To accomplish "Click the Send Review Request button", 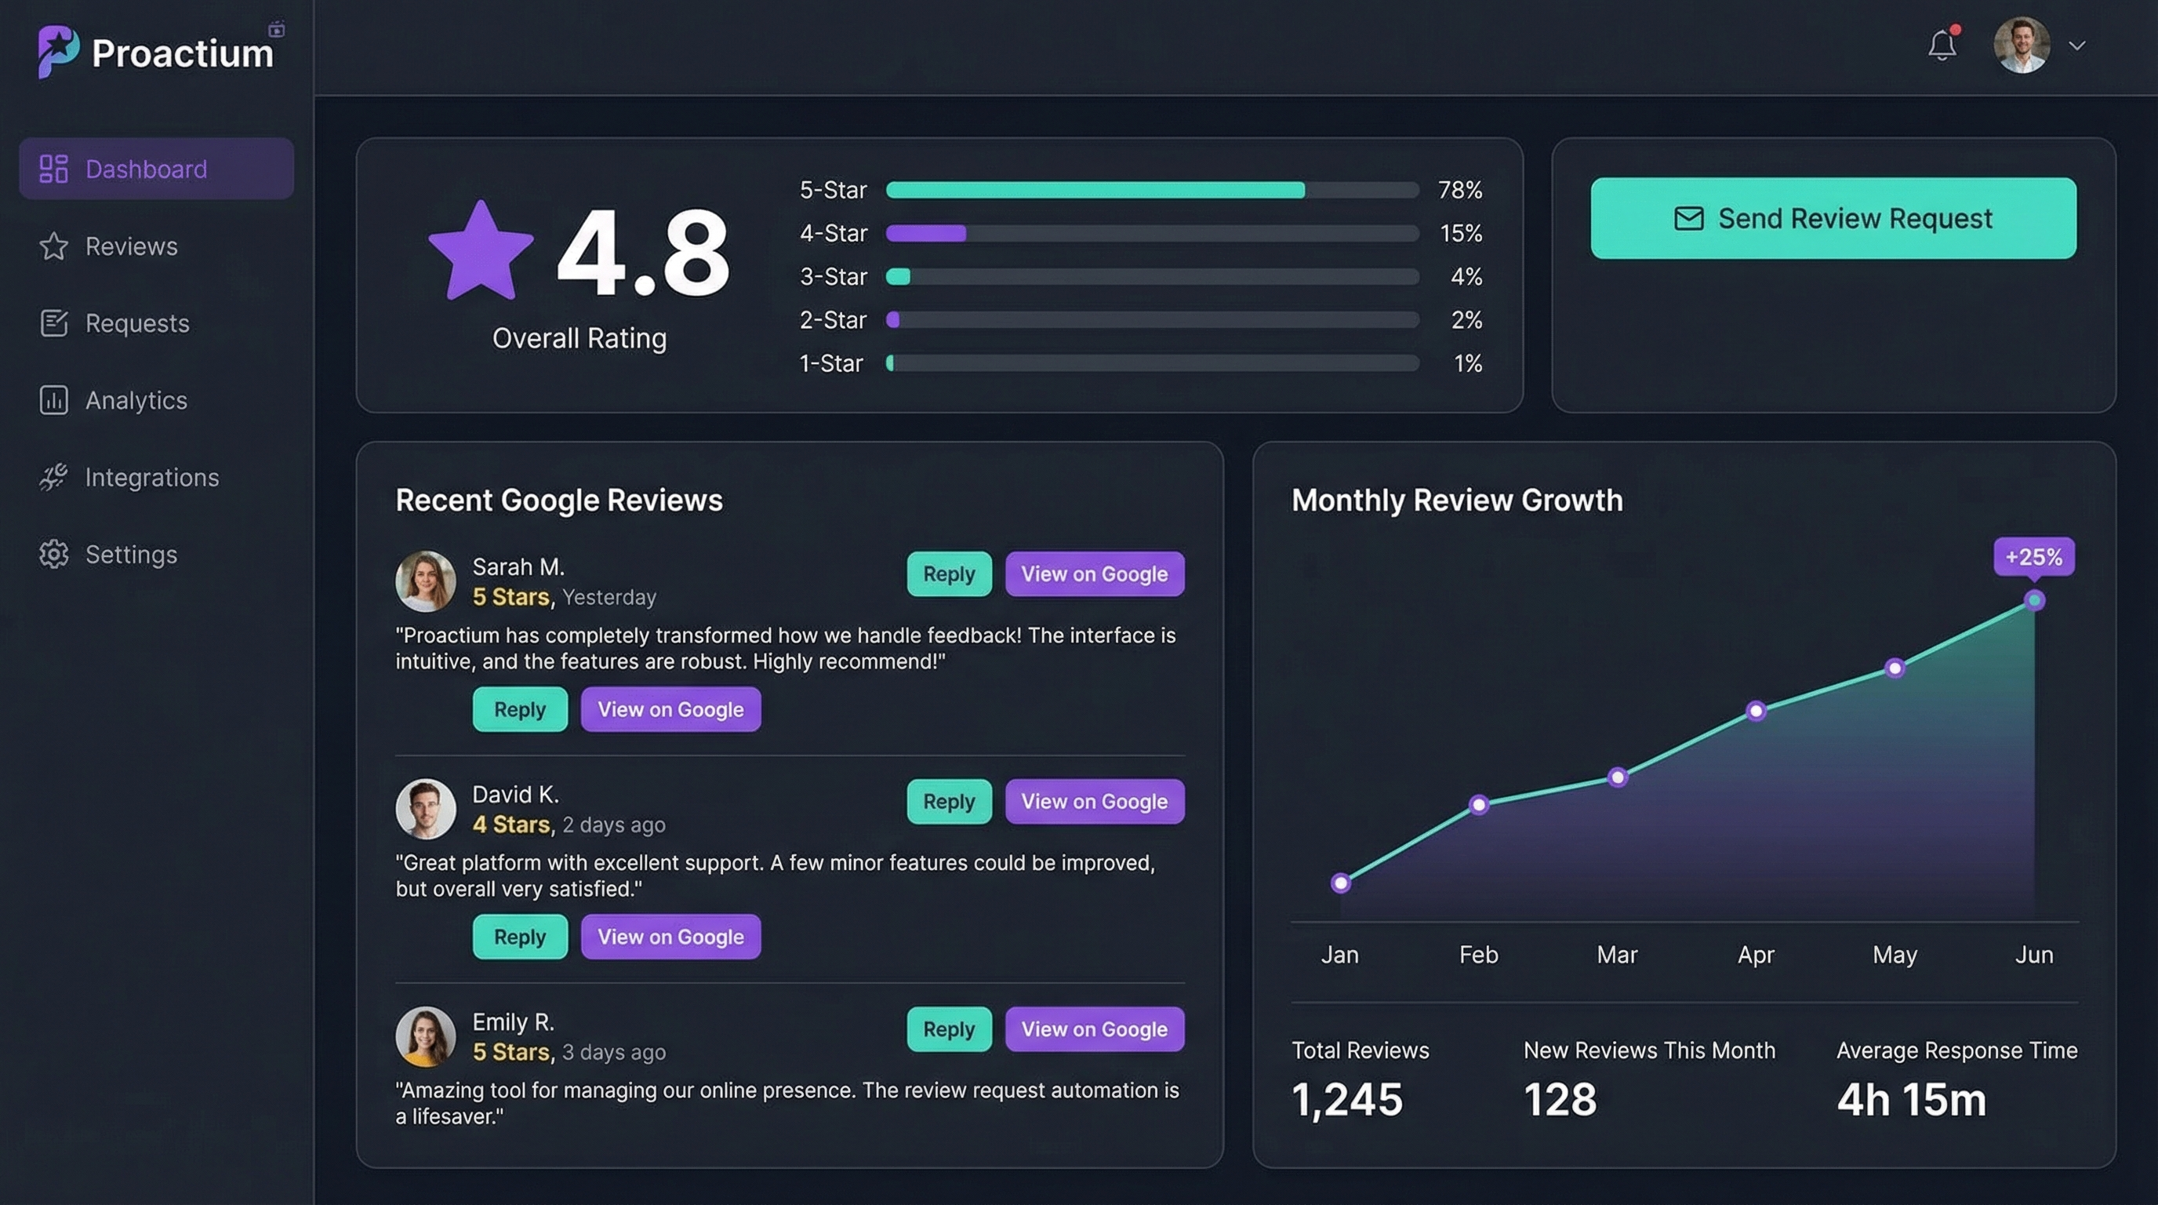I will tap(1833, 218).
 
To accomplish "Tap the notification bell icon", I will tap(1942, 46).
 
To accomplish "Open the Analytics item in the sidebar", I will tap(136, 401).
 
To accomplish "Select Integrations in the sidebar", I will tap(151, 478).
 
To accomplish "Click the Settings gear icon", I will tap(53, 554).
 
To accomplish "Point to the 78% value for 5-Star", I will tap(1459, 190).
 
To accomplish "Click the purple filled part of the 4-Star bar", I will tap(925, 233).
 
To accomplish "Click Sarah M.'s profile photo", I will tap(426, 581).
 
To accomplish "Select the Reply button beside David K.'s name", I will tap(948, 801).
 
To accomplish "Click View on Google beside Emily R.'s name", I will tap(1094, 1029).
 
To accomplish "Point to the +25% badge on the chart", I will tap(2033, 557).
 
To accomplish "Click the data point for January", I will tap(1340, 883).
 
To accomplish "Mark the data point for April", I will tap(1756, 711).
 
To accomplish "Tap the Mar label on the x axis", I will tap(1617, 955).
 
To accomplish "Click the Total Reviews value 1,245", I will tap(1346, 1099).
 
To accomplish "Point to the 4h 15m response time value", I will tap(1911, 1099).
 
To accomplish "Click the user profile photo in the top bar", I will tap(2022, 46).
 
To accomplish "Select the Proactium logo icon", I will tap(58, 51).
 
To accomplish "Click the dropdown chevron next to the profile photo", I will tap(2076, 46).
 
